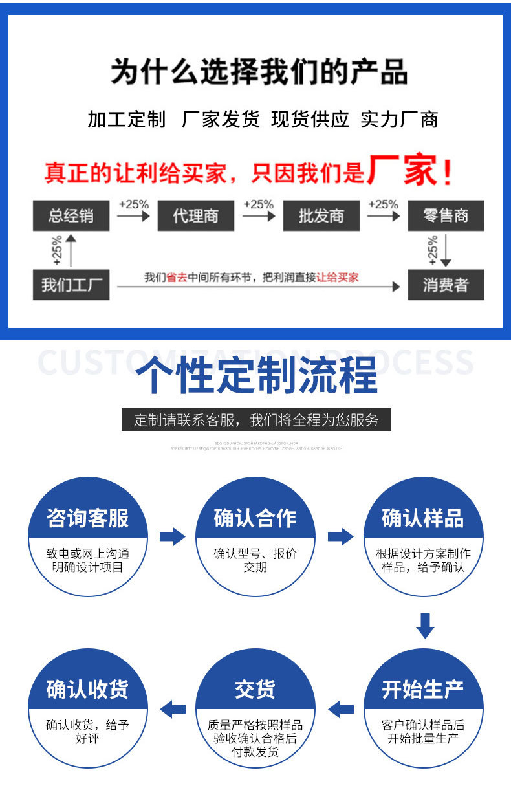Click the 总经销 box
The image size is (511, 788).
point(71,216)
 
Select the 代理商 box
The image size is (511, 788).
point(196,216)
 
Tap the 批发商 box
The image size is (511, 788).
point(321,216)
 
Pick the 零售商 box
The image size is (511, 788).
point(446,216)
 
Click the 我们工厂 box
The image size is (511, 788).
point(71,285)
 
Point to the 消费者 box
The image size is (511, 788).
point(446,285)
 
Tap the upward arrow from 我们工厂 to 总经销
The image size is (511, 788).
point(71,250)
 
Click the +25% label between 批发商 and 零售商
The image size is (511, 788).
point(383,204)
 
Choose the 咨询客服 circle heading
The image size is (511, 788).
point(87,518)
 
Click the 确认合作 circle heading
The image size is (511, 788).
point(255,518)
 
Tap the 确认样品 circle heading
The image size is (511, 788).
point(423,518)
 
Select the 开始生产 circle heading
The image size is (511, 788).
point(423,690)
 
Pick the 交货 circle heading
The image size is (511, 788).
point(255,690)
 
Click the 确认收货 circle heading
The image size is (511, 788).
point(87,690)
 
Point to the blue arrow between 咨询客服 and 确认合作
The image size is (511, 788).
point(172,536)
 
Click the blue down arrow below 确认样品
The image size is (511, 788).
point(425,626)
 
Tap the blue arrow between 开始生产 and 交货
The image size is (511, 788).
point(341,709)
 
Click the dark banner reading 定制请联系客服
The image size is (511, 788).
point(256,420)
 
